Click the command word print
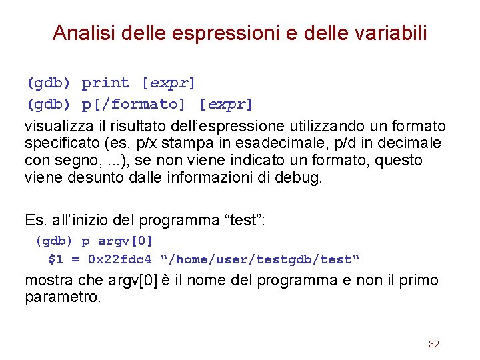coord(105,83)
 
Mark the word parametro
coord(61,297)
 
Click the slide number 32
coord(434,344)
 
